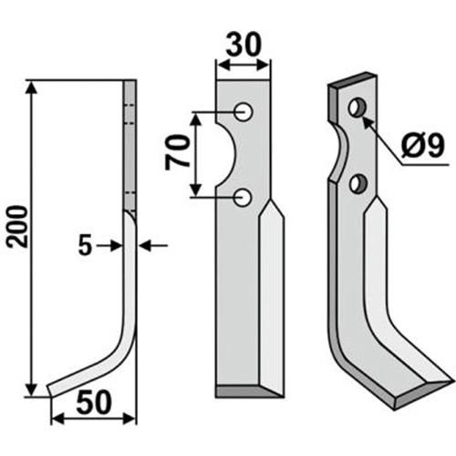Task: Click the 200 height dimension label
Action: pyautogui.click(x=17, y=226)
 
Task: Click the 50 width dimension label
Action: pyautogui.click(x=94, y=403)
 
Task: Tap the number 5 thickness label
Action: pyautogui.click(x=85, y=245)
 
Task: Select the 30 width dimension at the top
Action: pyautogui.click(x=244, y=45)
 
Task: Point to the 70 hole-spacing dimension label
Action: pyautogui.click(x=177, y=152)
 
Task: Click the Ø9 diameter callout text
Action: pyautogui.click(x=422, y=145)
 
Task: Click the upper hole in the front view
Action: pyautogui.click(x=244, y=112)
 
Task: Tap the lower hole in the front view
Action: pyautogui.click(x=243, y=198)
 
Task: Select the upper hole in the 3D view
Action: pyautogui.click(x=358, y=108)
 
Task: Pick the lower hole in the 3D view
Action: pyautogui.click(x=358, y=183)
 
